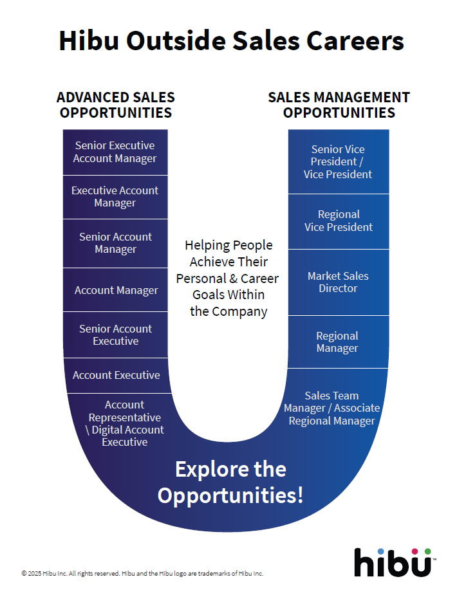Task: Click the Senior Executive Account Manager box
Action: [x=115, y=152]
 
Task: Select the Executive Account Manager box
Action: [x=115, y=197]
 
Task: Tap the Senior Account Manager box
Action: [x=115, y=243]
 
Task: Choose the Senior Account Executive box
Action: [x=115, y=335]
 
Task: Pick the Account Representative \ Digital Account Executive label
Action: [x=125, y=423]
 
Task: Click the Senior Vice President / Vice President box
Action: [x=338, y=161]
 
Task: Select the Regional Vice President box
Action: [x=338, y=221]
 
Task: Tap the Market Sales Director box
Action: [x=338, y=282]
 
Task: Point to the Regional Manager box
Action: [x=337, y=342]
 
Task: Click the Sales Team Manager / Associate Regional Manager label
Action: [x=331, y=408]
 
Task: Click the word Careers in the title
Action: [x=353, y=41]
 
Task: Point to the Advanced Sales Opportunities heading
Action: [x=116, y=105]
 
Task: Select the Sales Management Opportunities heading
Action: [x=339, y=105]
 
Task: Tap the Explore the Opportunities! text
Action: [x=230, y=482]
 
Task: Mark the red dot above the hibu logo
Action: [x=415, y=551]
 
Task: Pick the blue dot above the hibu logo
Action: [x=381, y=551]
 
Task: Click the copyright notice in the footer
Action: [x=142, y=573]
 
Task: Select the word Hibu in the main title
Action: [x=89, y=41]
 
